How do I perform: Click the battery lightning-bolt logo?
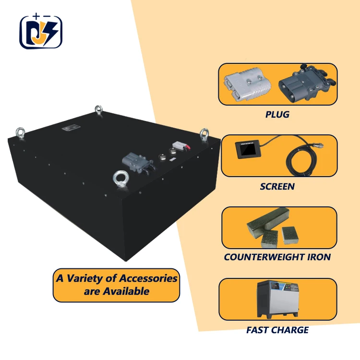click(x=41, y=33)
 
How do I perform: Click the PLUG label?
click(x=277, y=115)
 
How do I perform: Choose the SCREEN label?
click(x=277, y=186)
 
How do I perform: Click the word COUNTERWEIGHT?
click(x=262, y=257)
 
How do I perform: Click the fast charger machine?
click(x=279, y=300)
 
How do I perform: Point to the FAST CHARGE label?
click(x=277, y=330)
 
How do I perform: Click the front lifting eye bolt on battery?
click(x=119, y=180)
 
